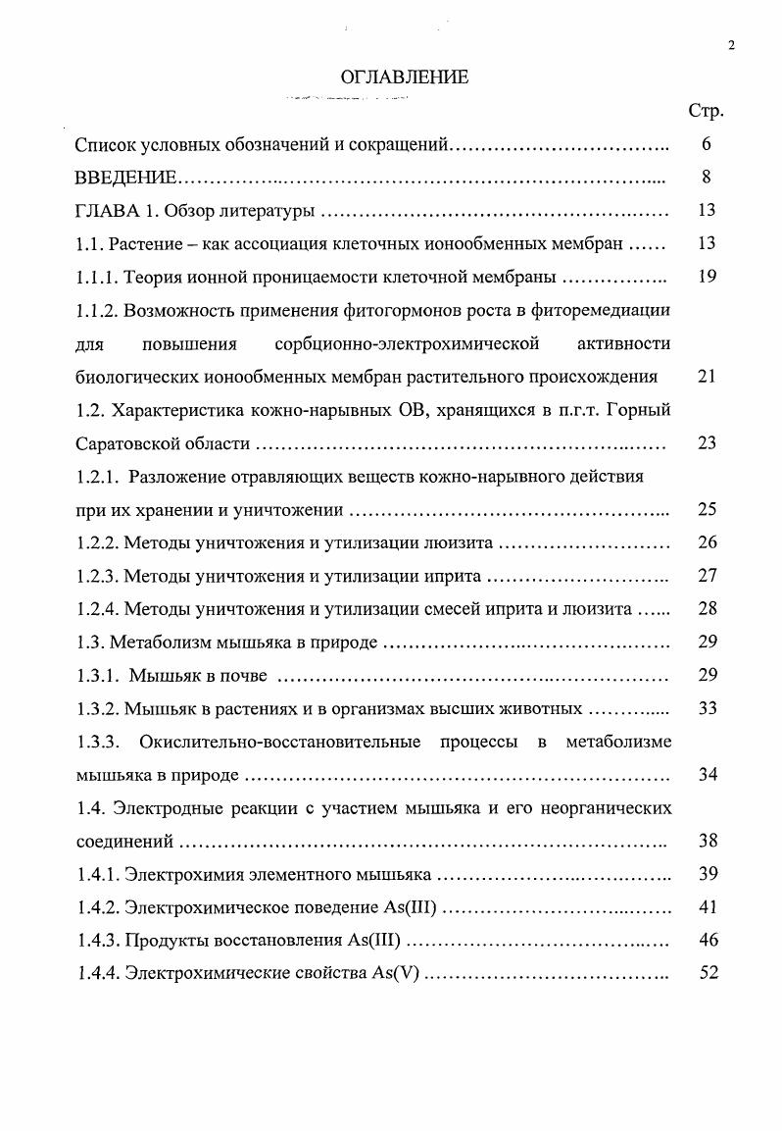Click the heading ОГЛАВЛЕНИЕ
click(404, 77)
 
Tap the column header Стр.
click(706, 111)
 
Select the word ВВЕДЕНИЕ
click(125, 178)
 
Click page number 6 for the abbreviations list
click(707, 144)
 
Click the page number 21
click(707, 377)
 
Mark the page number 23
click(707, 443)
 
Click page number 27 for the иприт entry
click(708, 576)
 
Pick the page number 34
click(708, 775)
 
